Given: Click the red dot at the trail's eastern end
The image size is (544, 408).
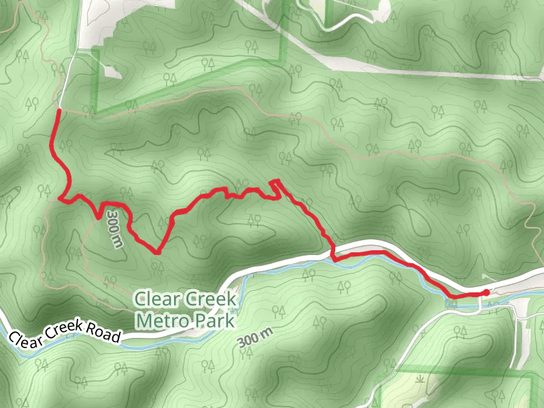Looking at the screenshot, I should click(485, 292).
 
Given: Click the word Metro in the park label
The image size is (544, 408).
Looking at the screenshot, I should click(160, 320).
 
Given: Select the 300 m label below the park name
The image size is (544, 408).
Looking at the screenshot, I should click(256, 337).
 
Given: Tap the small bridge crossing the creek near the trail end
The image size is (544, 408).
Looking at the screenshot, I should click(480, 304).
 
